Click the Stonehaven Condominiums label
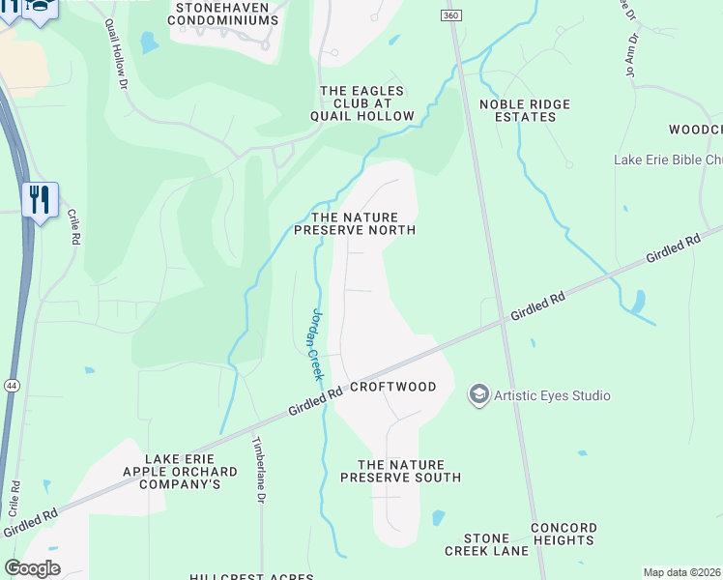click(x=224, y=13)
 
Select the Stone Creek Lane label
click(x=486, y=544)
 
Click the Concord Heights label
click(x=563, y=534)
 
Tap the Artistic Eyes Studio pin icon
click(x=477, y=394)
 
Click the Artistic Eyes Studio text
click(x=552, y=395)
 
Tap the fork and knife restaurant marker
click(x=40, y=200)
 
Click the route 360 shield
click(x=450, y=15)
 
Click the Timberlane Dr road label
click(x=258, y=469)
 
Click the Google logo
click(x=32, y=567)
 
